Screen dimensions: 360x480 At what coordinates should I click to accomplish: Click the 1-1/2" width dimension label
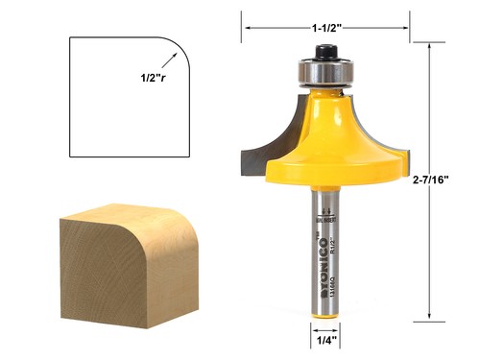[327, 27]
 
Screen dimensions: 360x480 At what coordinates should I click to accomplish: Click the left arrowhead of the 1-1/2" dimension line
[244, 28]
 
